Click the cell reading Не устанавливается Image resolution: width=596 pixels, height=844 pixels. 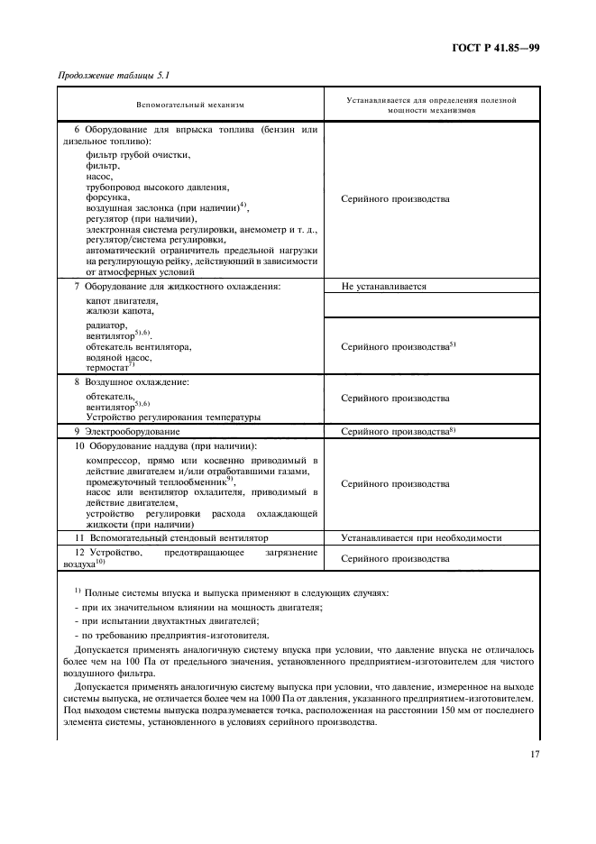384,287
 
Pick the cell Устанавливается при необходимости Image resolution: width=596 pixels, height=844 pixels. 421,537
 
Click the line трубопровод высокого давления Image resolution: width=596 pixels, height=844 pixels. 158,188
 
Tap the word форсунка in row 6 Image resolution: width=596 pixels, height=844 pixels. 108,197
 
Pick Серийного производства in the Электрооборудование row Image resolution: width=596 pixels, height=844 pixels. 395,432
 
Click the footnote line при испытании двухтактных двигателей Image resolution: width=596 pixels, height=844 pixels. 167,621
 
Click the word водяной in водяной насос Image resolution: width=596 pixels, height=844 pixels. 105,357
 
